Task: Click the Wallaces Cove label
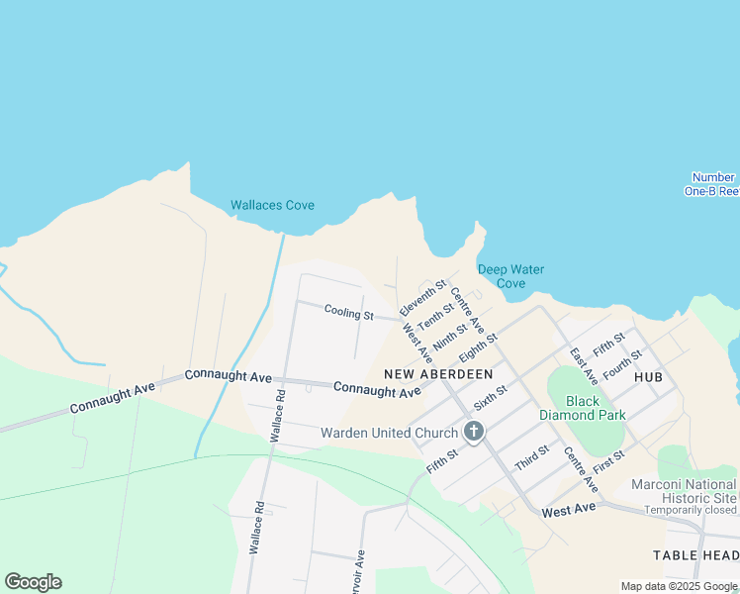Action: pyautogui.click(x=272, y=206)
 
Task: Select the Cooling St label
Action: pyautogui.click(x=348, y=314)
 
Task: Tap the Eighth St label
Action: pyautogui.click(x=477, y=346)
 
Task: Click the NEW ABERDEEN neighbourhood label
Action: pyautogui.click(x=437, y=373)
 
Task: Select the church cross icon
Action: pyautogui.click(x=474, y=433)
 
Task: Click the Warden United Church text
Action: pyautogui.click(x=389, y=433)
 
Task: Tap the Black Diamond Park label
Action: pyautogui.click(x=582, y=409)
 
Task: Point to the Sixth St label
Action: pyautogui.click(x=490, y=398)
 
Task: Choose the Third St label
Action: pyautogui.click(x=531, y=459)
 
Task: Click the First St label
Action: pyautogui.click(x=609, y=460)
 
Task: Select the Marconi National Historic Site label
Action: pyautogui.click(x=685, y=491)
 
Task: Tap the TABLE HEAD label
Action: pyautogui.click(x=695, y=556)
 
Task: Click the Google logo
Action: pyautogui.click(x=33, y=582)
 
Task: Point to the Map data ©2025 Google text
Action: pyautogui.click(x=678, y=586)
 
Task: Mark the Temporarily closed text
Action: pyautogui.click(x=690, y=510)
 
